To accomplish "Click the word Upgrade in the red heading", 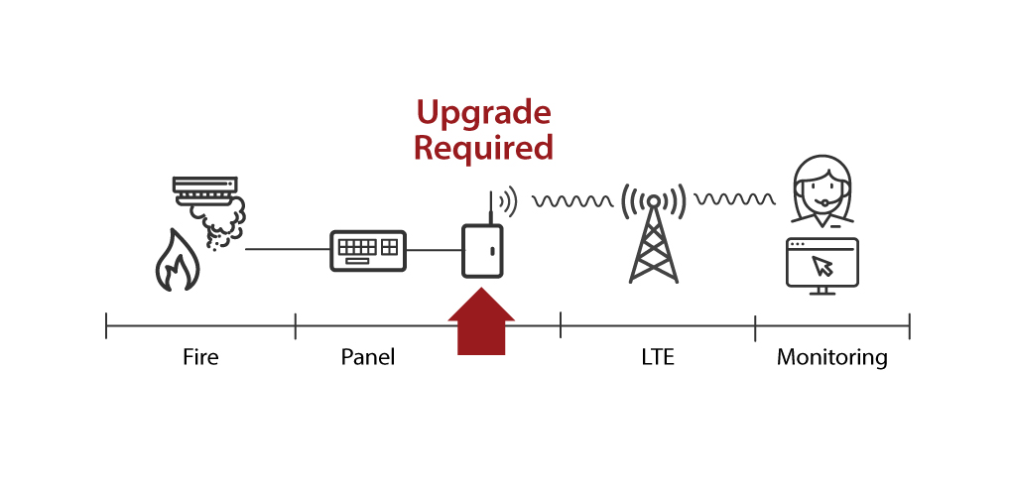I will [x=482, y=113].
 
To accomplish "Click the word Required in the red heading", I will [x=482, y=148].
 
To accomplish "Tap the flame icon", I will [x=176, y=260].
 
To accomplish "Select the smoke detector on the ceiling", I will [x=205, y=188].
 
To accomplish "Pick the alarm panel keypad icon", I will [x=368, y=250].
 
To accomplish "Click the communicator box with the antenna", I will [x=482, y=250].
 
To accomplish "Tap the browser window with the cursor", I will [x=822, y=264].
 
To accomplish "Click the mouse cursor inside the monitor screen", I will [x=822, y=266].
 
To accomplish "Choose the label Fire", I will [x=200, y=357].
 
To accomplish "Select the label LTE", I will [x=657, y=357].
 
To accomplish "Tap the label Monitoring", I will [x=831, y=357].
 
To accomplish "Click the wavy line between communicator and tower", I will [x=572, y=201].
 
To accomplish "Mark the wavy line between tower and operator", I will [x=734, y=199].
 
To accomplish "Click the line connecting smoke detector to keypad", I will [x=287, y=249].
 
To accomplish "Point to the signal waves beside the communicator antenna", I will [x=508, y=201].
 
